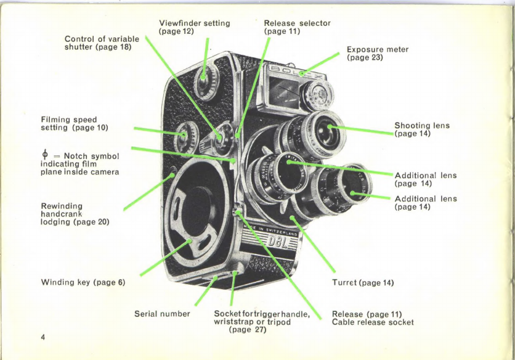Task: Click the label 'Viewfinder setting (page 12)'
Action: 194,27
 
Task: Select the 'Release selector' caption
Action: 297,27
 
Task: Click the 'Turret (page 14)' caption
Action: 362,283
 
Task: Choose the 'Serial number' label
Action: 162,314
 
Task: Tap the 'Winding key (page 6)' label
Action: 83,283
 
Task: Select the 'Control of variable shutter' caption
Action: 102,43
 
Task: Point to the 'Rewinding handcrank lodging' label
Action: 75,213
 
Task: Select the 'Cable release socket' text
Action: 373,322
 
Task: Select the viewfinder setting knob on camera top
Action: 204,78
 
